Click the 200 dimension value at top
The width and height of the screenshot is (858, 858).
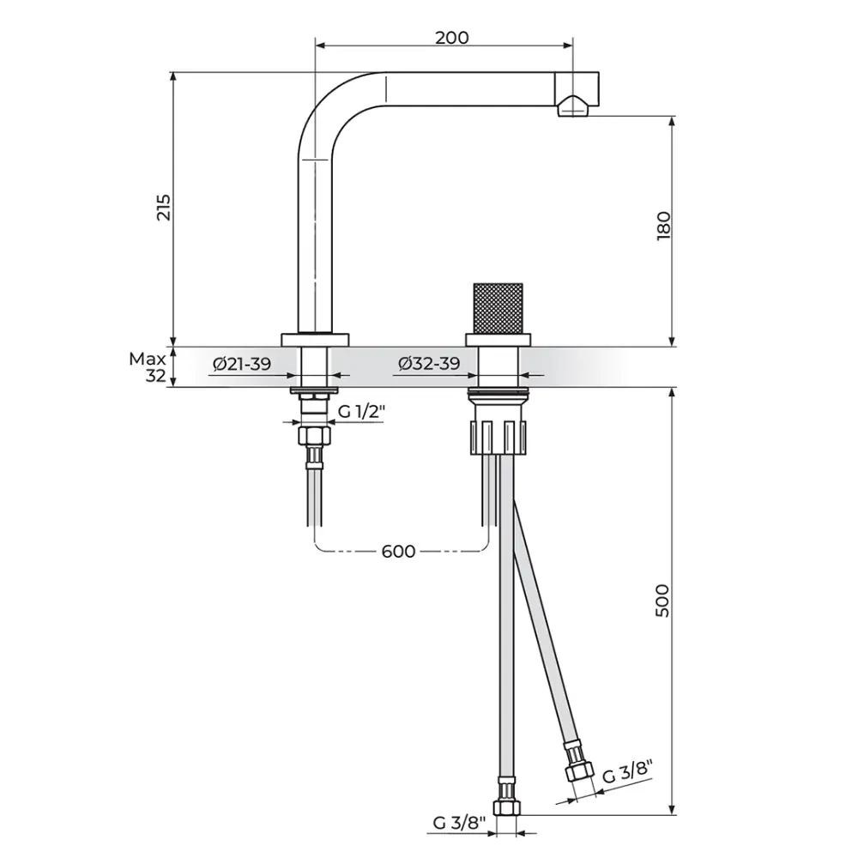[x=452, y=38]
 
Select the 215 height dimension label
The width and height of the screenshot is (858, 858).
[x=164, y=208]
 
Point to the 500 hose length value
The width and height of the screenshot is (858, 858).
[x=662, y=601]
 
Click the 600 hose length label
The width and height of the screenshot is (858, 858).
[x=398, y=551]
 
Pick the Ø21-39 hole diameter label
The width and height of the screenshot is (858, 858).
[x=242, y=363]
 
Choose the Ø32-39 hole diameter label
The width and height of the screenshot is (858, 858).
[x=429, y=363]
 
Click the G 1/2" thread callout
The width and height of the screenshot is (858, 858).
[x=362, y=412]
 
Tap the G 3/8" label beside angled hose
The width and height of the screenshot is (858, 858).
[x=628, y=772]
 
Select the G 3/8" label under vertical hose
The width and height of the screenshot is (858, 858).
[x=460, y=823]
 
